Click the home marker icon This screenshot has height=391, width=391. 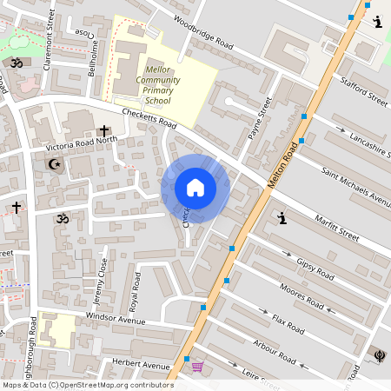[x=195, y=188]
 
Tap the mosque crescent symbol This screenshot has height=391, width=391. [x=54, y=163]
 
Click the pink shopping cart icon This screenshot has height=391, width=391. [x=197, y=367]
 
